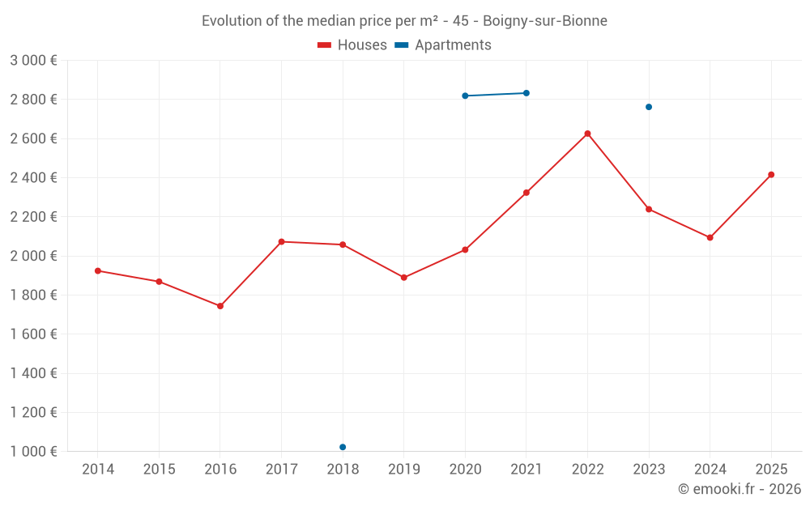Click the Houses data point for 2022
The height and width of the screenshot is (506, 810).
coord(587,134)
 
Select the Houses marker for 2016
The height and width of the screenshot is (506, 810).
coord(220,306)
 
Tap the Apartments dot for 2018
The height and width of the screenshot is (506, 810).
coord(343,447)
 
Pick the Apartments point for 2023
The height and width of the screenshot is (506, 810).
coord(649,107)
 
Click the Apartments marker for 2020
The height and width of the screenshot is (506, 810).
coord(465,96)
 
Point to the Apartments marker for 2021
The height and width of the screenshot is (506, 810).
coord(526,93)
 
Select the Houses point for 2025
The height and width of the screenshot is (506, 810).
coord(771,175)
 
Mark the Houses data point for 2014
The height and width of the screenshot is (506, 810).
coord(98,270)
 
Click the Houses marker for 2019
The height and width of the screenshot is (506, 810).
coord(404,278)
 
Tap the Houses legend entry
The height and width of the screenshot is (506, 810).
coord(352,45)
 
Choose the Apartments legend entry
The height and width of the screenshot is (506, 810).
coord(443,45)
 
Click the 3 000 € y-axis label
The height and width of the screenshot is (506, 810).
coord(33,61)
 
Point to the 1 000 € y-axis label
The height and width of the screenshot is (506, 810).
coord(33,452)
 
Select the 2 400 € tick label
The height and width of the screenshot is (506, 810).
coord(33,178)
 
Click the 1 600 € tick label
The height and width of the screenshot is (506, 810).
coord(33,334)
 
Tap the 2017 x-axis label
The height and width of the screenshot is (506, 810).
coord(281,470)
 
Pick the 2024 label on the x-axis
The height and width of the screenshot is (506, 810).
coord(710,470)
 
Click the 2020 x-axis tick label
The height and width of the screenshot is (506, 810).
coord(465,470)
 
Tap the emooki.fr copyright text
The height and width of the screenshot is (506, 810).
coord(740,489)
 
